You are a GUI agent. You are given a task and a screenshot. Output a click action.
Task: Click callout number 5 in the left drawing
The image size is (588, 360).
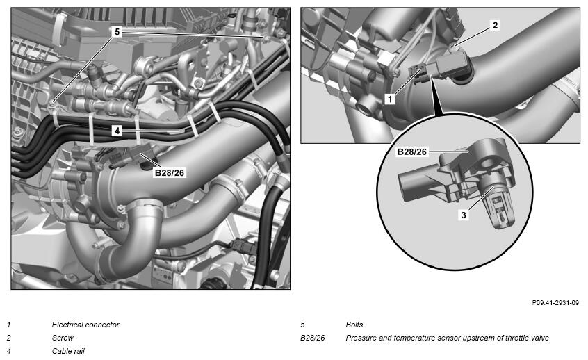point(117,32)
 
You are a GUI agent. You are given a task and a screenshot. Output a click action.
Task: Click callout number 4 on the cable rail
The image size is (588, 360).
point(117,131)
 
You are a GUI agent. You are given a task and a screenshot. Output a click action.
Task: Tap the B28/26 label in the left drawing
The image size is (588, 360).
point(170,173)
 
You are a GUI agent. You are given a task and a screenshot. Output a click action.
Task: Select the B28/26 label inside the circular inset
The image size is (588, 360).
point(411,152)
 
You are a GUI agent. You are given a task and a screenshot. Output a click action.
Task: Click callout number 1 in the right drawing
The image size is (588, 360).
point(390,99)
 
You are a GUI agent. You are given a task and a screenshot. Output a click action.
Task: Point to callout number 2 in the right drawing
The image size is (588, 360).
point(495,25)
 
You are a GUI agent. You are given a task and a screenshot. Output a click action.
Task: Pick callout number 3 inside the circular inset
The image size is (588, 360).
point(464,215)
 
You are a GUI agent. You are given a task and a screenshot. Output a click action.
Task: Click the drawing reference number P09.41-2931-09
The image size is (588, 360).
point(555,302)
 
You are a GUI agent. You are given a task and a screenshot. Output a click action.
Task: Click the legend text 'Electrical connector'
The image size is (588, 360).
point(85,325)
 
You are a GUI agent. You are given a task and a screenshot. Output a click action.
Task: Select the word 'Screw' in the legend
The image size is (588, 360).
point(63,338)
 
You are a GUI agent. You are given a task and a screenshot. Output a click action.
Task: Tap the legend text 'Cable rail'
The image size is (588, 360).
point(68,352)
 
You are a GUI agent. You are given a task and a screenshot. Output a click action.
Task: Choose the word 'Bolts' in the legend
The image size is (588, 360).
point(354,325)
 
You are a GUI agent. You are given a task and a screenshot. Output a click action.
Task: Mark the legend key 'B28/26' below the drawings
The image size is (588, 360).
point(312,338)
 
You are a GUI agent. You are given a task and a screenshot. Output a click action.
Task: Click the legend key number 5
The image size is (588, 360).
point(302,325)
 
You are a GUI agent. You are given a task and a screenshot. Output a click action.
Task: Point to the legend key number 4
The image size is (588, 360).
point(9,352)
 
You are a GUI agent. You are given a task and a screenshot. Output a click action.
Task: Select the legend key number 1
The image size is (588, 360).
point(9,325)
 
